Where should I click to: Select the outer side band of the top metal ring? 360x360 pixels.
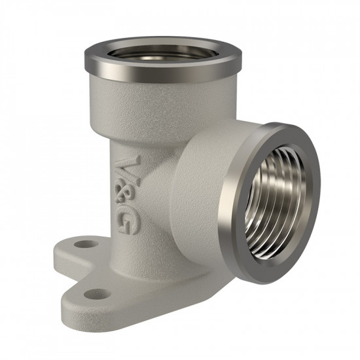click(162, 69)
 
